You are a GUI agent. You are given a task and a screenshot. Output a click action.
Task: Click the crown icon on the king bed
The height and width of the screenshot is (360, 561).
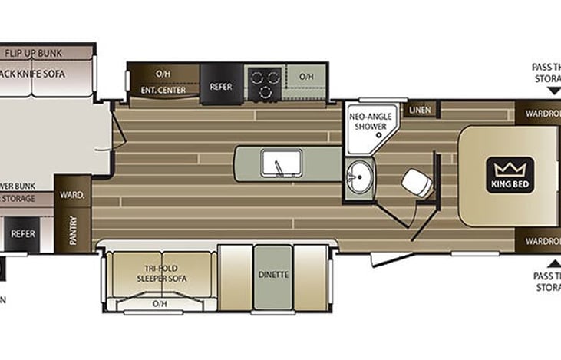tap(508, 169)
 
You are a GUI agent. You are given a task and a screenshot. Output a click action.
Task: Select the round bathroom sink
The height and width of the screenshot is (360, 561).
tap(358, 178)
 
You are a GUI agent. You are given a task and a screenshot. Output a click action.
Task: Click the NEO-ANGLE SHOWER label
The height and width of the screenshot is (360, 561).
tap(371, 121)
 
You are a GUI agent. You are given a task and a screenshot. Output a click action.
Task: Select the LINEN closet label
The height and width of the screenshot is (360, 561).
tap(421, 111)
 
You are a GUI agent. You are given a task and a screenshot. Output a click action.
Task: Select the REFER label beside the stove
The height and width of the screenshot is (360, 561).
tap(221, 87)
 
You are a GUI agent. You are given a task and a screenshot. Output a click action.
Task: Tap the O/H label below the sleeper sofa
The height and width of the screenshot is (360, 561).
tap(160, 304)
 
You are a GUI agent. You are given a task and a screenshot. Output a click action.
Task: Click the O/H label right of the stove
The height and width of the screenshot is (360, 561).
tap(306, 76)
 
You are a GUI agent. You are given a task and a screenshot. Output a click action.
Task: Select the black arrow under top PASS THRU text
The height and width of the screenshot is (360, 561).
tap(546, 100)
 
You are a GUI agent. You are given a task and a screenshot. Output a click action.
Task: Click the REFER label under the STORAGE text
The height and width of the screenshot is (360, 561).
tap(23, 233)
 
